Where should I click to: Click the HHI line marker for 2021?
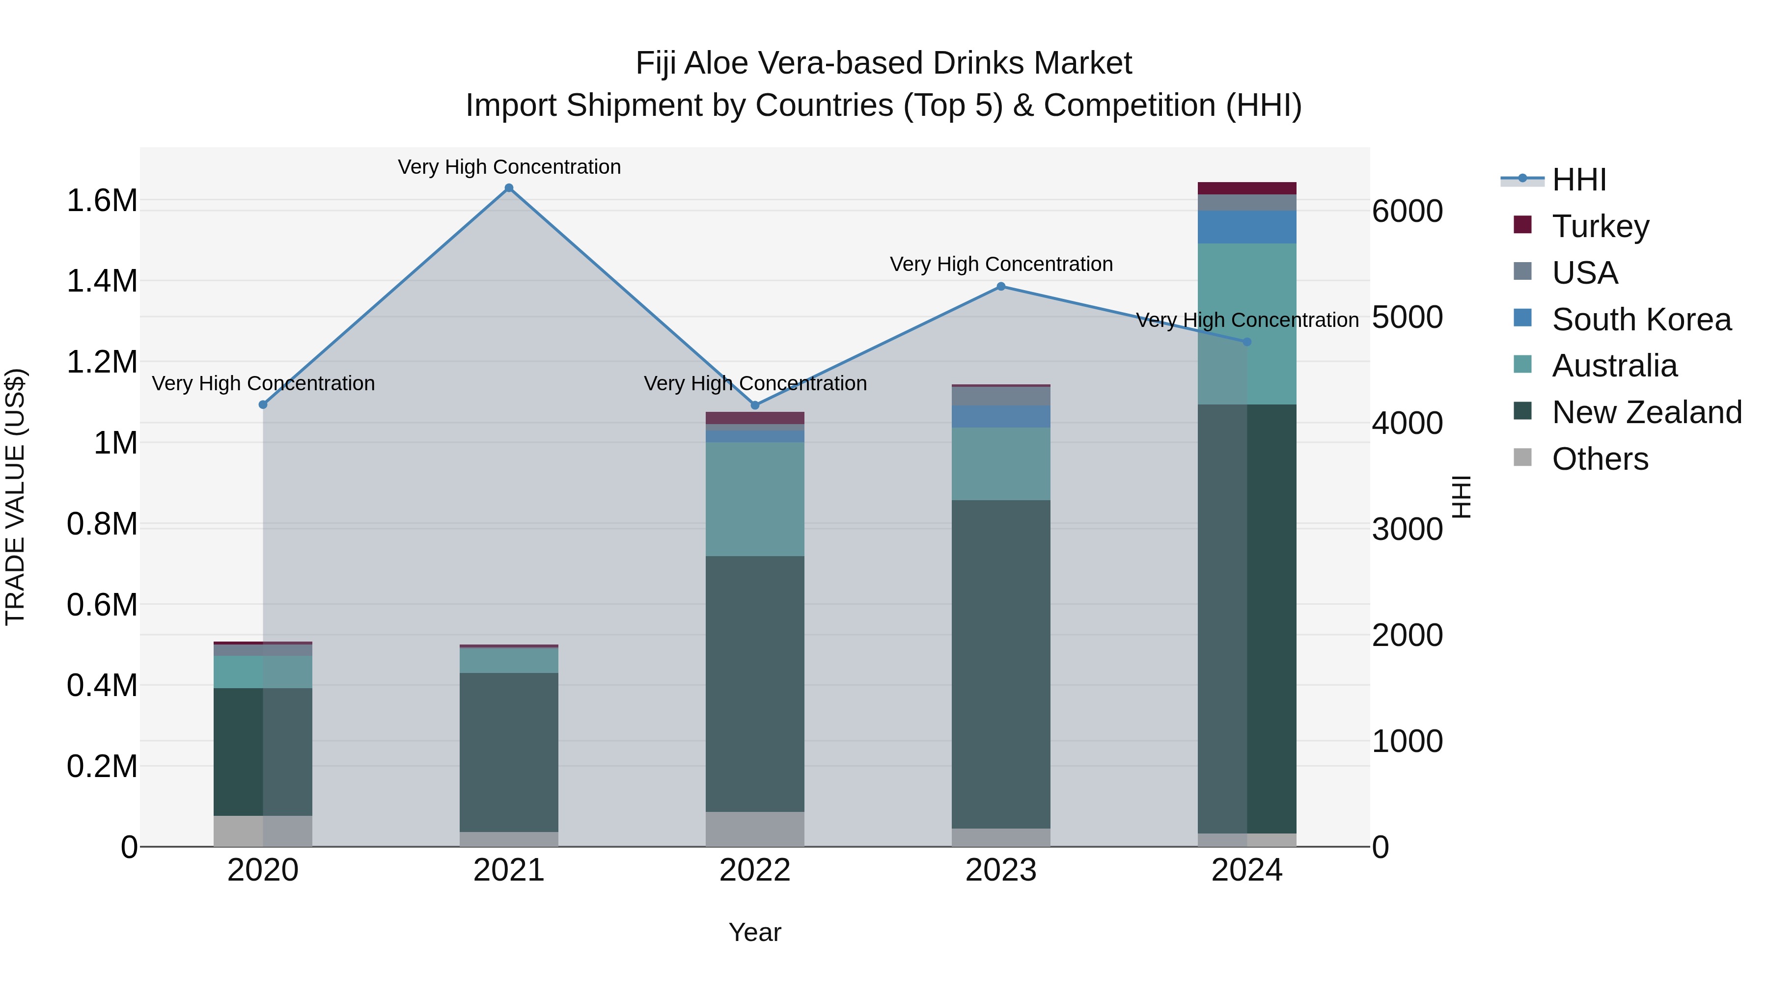click(509, 188)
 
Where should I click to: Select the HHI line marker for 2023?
click(1001, 287)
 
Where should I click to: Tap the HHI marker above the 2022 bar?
click(755, 405)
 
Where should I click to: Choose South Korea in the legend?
click(1641, 320)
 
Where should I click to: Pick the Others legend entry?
click(1599, 459)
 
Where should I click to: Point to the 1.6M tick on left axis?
click(102, 201)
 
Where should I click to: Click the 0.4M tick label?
click(102, 685)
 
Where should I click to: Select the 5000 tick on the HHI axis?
click(1407, 318)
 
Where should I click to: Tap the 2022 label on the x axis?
click(755, 870)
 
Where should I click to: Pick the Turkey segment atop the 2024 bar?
click(1246, 188)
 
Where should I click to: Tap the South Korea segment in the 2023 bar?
click(1001, 416)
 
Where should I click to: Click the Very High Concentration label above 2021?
click(509, 167)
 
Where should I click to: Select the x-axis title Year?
click(754, 932)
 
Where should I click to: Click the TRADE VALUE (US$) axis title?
click(15, 497)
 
